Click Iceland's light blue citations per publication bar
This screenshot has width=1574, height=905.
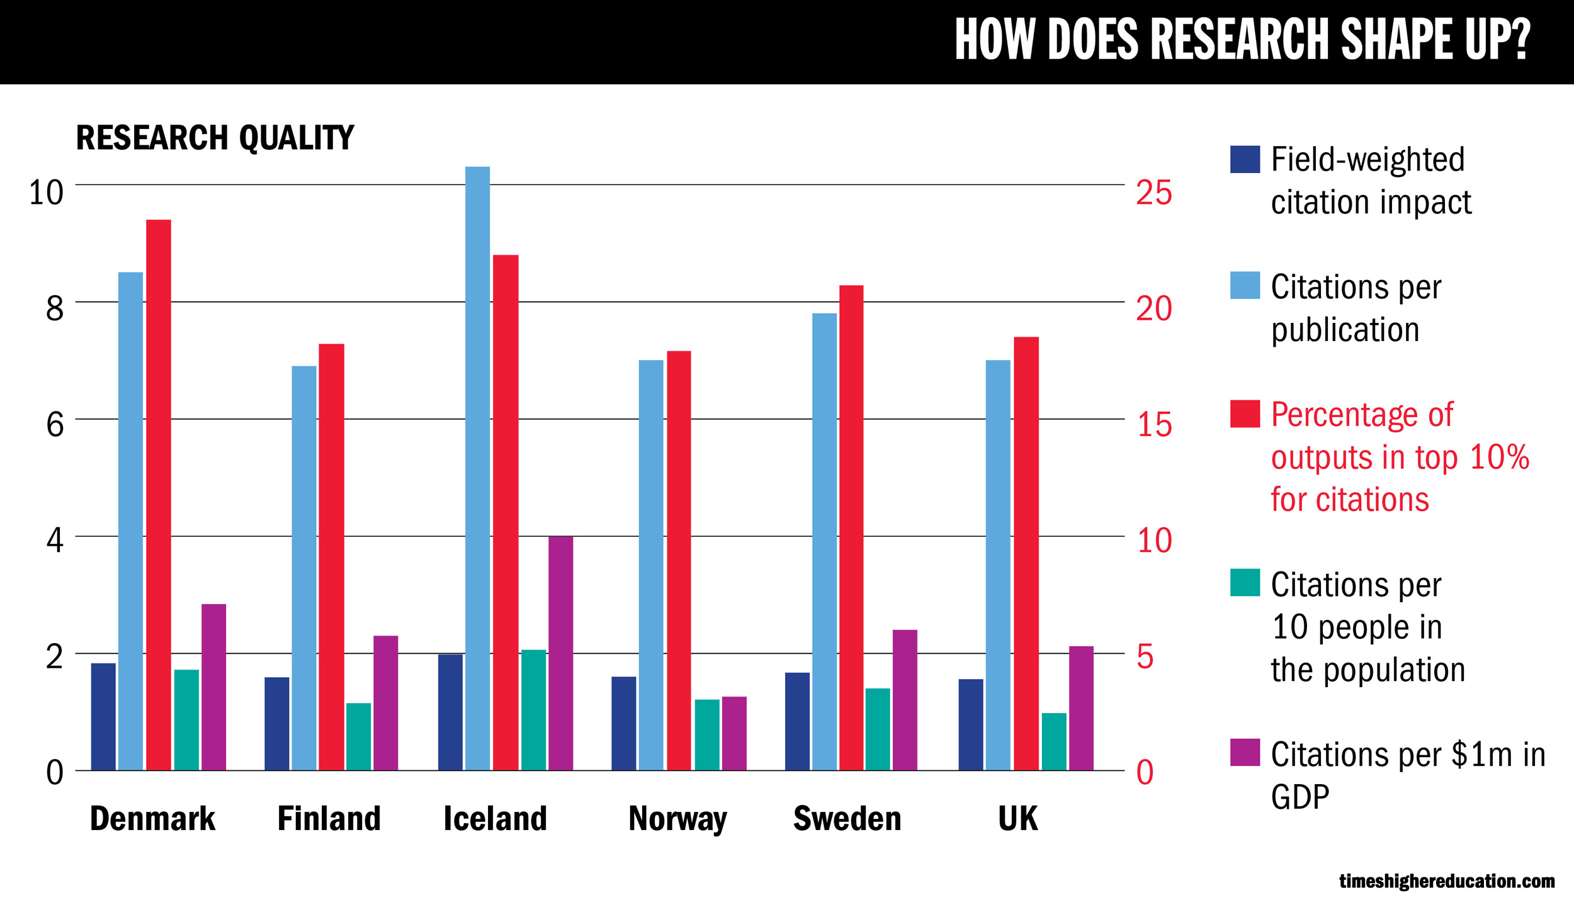[x=477, y=468]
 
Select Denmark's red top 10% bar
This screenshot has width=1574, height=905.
[x=159, y=495]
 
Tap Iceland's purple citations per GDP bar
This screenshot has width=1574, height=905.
[x=560, y=653]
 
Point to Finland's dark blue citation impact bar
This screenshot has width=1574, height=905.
[x=276, y=724]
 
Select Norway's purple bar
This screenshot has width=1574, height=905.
[x=734, y=733]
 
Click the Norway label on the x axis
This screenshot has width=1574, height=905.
[x=677, y=819]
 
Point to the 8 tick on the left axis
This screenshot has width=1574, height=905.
[x=55, y=308]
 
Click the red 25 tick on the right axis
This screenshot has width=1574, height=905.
[x=1153, y=193]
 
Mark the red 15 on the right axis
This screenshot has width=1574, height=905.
[x=1154, y=425]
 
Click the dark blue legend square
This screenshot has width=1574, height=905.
[x=1245, y=159]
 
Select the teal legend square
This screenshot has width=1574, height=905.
[x=1245, y=582]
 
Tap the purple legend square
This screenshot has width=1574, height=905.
[x=1245, y=752]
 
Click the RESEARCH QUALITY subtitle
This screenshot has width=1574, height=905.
[x=215, y=138]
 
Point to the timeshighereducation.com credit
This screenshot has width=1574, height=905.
[x=1446, y=881]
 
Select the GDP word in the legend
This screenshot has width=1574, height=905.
[x=1299, y=797]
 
